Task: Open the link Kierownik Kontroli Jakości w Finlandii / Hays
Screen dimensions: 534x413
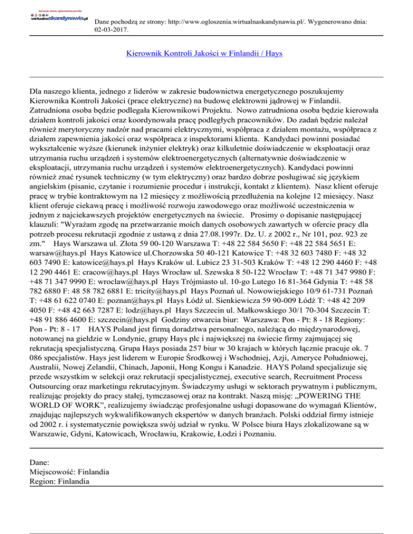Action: (x=204, y=54)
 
